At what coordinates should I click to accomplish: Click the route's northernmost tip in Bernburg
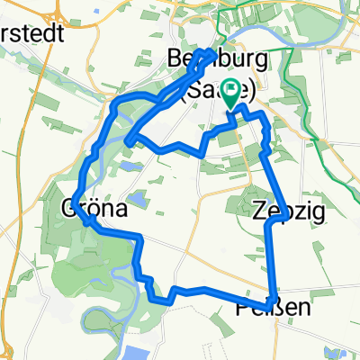point(213,54)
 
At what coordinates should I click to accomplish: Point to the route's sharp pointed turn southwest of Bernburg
point(130,141)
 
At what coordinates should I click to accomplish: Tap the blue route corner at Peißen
point(271,300)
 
